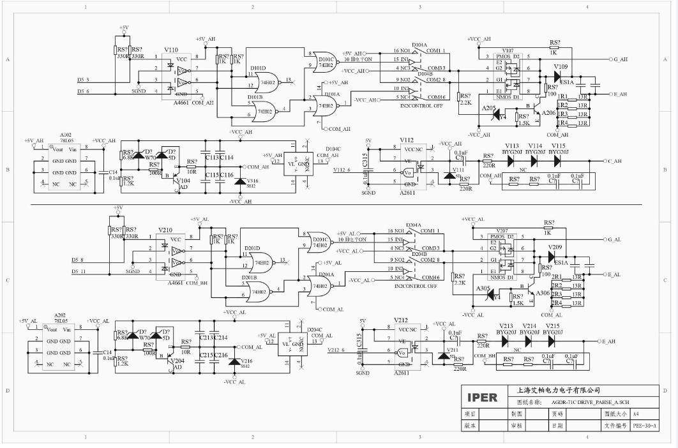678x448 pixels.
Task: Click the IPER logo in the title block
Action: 482,396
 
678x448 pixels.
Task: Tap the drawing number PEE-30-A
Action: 644,424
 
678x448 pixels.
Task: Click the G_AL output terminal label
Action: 614,239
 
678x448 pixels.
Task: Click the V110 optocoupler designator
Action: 171,49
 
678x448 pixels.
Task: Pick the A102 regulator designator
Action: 66,135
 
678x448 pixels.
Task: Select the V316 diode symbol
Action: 239,182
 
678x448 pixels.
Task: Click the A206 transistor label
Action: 548,112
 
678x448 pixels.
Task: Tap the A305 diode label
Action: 483,288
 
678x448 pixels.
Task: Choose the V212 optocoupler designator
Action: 401,320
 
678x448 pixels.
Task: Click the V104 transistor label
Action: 183,180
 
